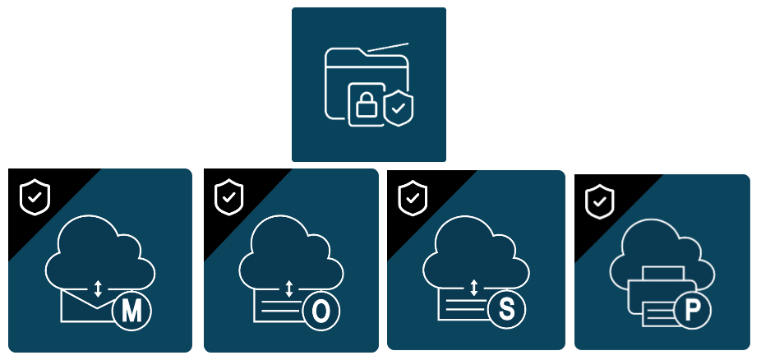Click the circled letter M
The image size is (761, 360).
pyautogui.click(x=131, y=311)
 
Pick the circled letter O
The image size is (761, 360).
pyautogui.click(x=322, y=311)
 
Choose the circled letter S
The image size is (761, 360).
pyautogui.click(x=507, y=310)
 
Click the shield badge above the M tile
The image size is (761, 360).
pyautogui.click(x=35, y=196)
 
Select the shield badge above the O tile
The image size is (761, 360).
pyautogui.click(x=229, y=196)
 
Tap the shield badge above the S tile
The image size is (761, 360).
pyautogui.click(x=413, y=197)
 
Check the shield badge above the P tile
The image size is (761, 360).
pyautogui.click(x=600, y=201)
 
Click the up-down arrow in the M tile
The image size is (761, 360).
pyautogui.click(x=98, y=288)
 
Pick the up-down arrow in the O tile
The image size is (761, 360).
pyautogui.click(x=288, y=288)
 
